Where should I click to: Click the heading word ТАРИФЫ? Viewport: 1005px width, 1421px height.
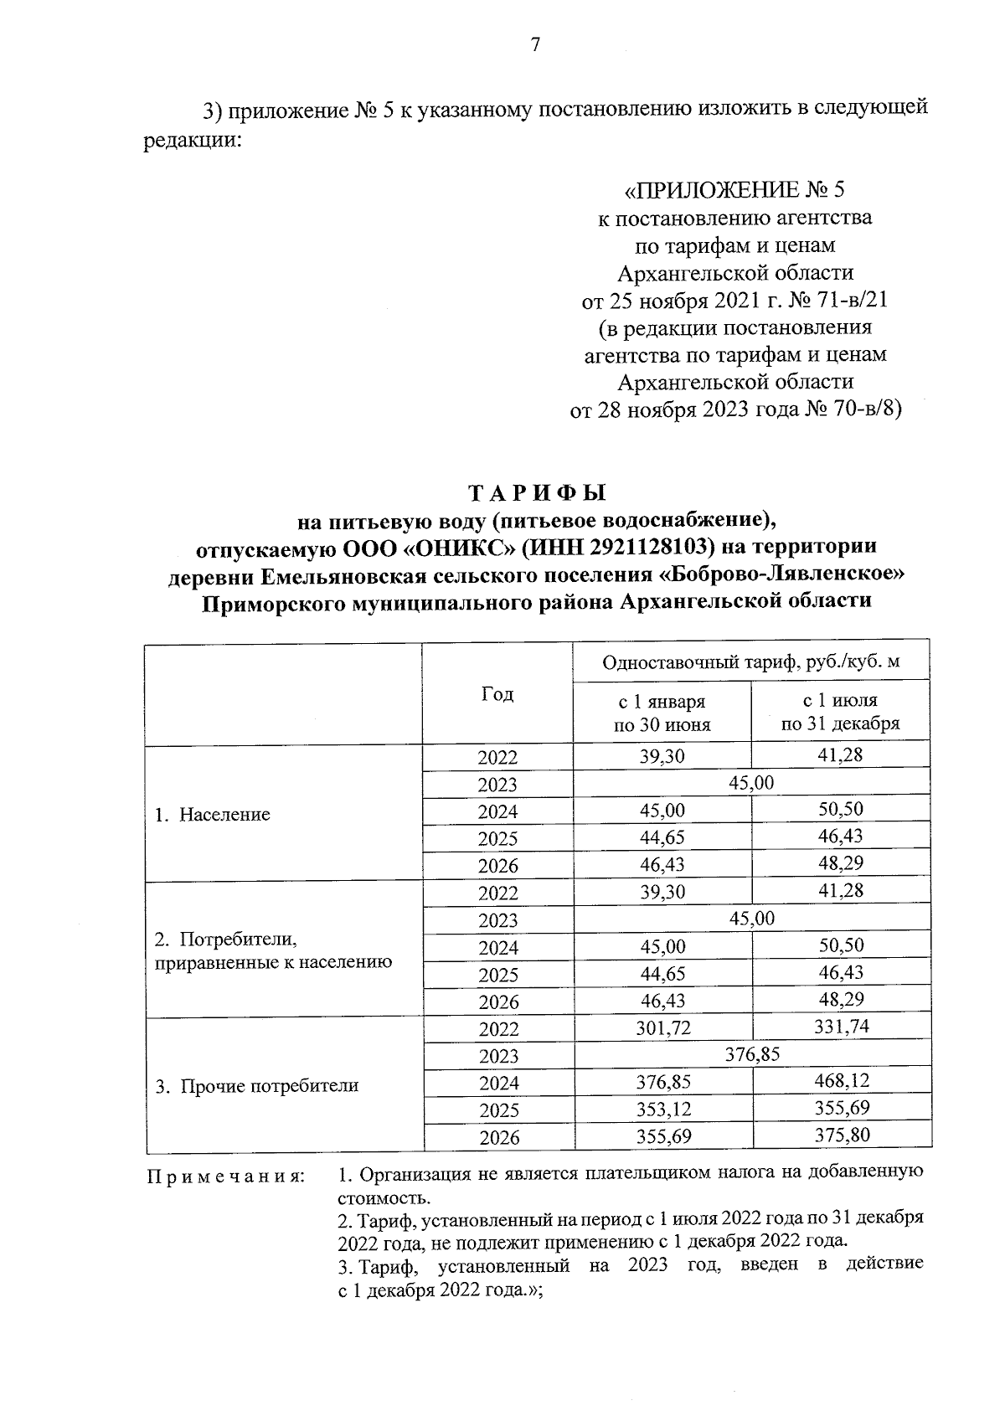(x=536, y=493)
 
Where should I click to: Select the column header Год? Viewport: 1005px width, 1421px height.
(x=497, y=694)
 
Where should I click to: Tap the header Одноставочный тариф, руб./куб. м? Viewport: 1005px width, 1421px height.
(x=751, y=662)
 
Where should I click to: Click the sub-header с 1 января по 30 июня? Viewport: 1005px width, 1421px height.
(x=662, y=713)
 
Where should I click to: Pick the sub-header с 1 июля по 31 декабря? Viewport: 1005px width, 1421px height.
(x=840, y=712)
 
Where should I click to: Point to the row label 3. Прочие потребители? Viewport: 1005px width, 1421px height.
(x=257, y=1087)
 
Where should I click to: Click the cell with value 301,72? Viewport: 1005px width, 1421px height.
(x=663, y=1028)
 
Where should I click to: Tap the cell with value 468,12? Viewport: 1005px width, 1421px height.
(x=842, y=1082)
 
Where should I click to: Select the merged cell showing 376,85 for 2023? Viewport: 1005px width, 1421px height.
(x=752, y=1055)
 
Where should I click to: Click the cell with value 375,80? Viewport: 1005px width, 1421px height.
(x=842, y=1136)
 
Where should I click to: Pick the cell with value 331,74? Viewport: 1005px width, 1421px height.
(x=842, y=1027)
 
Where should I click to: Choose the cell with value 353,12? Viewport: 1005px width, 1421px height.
(x=663, y=1110)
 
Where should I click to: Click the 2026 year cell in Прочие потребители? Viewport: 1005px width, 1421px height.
(x=498, y=1137)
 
